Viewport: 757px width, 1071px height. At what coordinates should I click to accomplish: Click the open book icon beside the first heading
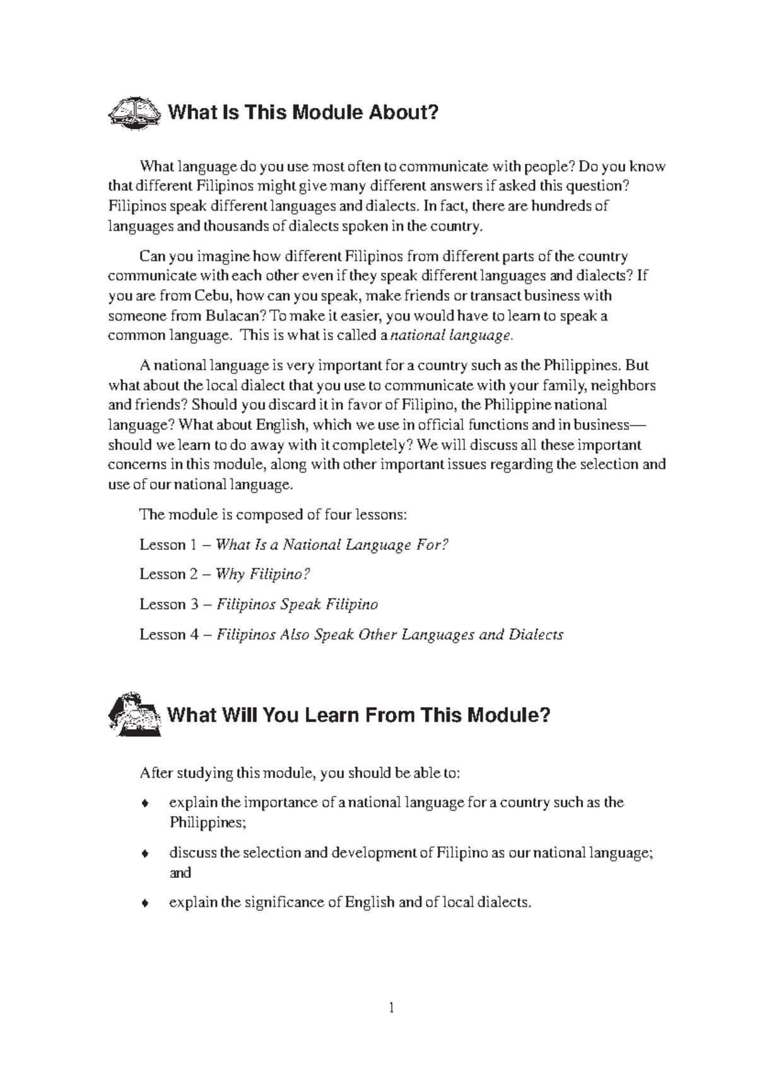click(x=132, y=113)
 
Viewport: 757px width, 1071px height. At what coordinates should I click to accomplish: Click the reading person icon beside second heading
click(x=134, y=714)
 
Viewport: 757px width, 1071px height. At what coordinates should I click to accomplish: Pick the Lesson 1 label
click(x=163, y=544)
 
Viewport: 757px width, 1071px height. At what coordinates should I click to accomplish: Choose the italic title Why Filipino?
click(x=263, y=574)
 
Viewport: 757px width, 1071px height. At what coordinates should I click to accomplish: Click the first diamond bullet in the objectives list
click(x=145, y=804)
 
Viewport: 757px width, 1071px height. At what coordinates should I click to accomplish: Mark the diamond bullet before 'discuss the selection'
click(x=145, y=854)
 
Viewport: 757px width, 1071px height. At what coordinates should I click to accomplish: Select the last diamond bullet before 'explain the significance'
click(x=145, y=903)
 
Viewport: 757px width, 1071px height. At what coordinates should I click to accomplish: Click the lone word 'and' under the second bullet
click(x=180, y=873)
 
